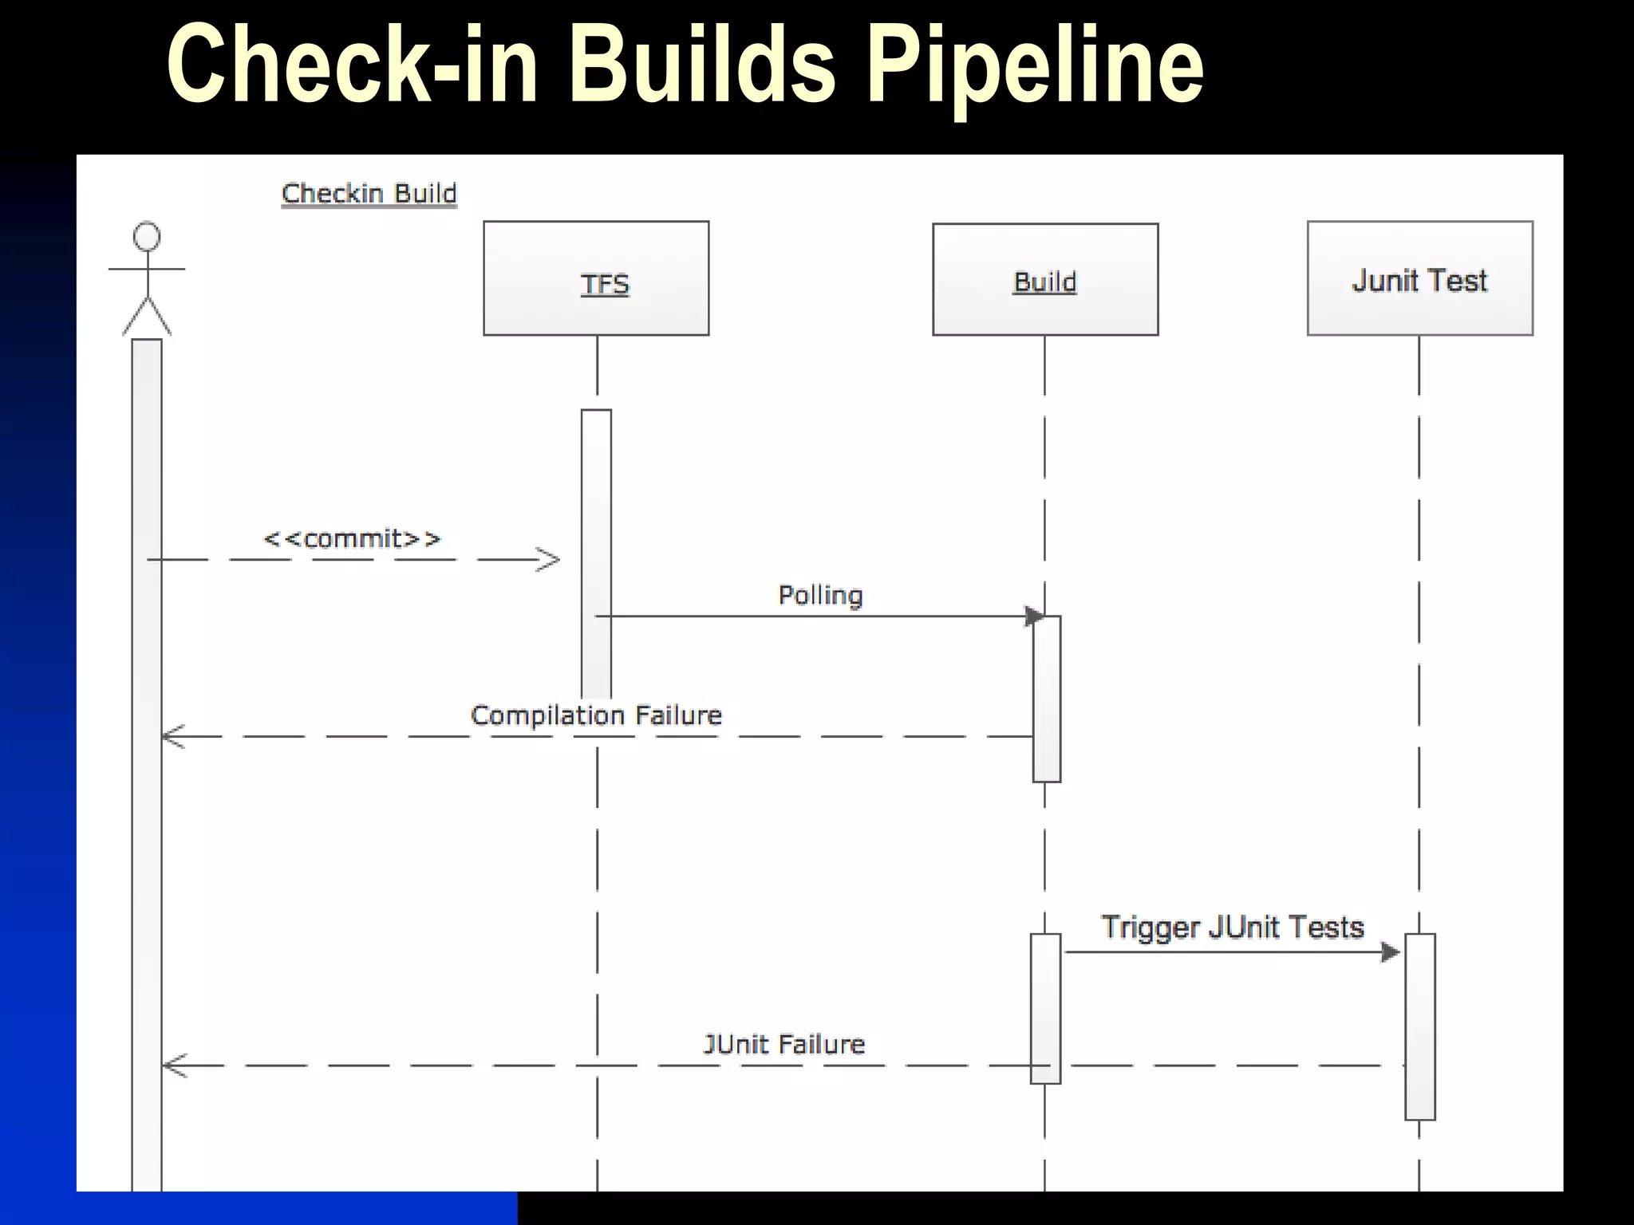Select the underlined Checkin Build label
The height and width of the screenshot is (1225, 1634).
tap(369, 194)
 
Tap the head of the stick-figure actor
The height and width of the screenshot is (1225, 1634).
tap(147, 237)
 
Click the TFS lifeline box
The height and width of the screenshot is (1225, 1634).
tap(596, 278)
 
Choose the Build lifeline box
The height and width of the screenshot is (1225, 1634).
tap(1045, 279)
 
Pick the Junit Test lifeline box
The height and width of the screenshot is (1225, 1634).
tap(1419, 278)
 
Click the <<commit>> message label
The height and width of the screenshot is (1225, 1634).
tap(352, 539)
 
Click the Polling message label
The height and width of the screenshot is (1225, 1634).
tap(820, 595)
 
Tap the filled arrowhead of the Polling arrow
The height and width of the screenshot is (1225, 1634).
tap(1034, 616)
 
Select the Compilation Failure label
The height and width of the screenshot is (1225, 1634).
tap(596, 715)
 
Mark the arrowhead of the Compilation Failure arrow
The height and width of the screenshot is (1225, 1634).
tap(172, 736)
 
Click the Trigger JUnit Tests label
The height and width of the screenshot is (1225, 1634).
tap(1232, 928)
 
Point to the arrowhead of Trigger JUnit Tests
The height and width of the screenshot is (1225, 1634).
tap(1391, 951)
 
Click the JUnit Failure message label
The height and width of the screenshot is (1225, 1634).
tap(783, 1044)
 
